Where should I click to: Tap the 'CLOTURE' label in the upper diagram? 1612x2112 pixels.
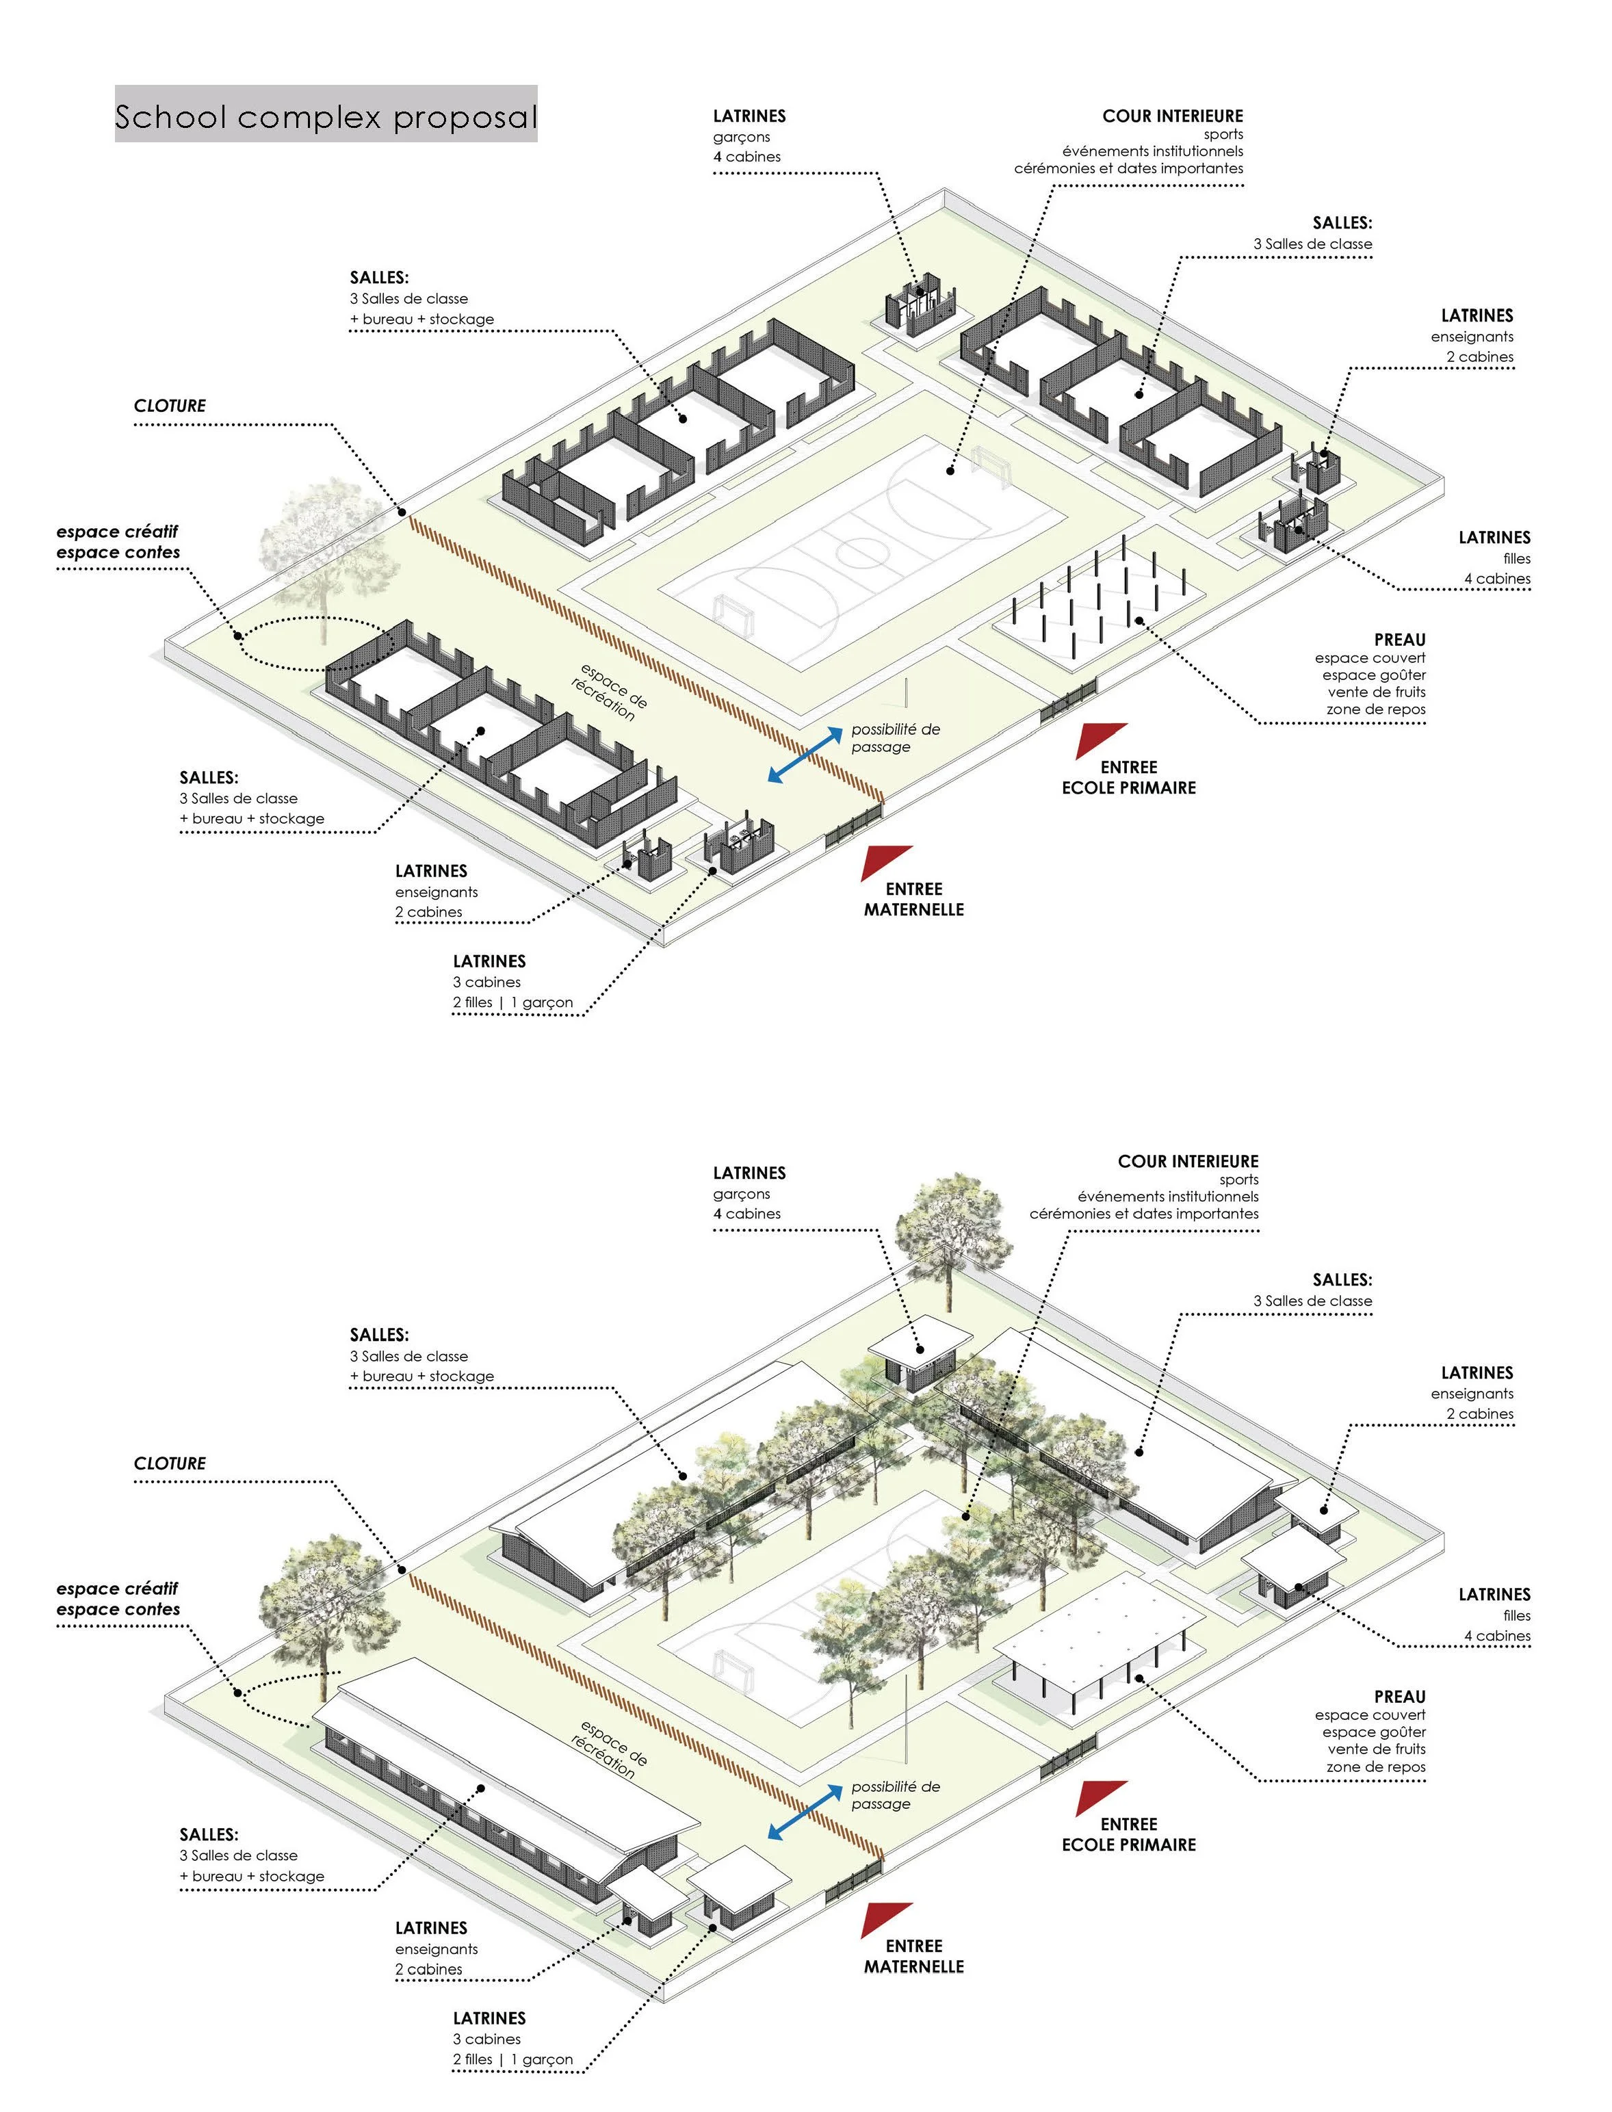pyautogui.click(x=170, y=406)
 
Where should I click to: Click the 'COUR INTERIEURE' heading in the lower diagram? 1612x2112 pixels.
pyautogui.click(x=1188, y=1161)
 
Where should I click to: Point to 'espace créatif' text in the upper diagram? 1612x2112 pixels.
pyautogui.click(x=117, y=532)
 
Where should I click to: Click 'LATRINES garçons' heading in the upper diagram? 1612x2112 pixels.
pyautogui.click(x=749, y=117)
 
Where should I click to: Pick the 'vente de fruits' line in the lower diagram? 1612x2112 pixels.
pyautogui.click(x=1376, y=1749)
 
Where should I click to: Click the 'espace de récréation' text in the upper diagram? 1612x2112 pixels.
pyautogui.click(x=610, y=691)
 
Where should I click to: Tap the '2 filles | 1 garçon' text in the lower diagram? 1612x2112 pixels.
pyautogui.click(x=512, y=2059)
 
